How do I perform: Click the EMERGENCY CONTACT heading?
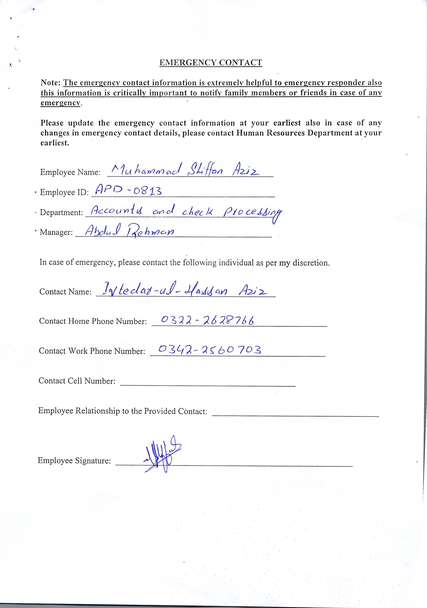211,63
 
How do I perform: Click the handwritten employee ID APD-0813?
128,190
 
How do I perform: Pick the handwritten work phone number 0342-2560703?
210,350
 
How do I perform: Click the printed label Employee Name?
70,172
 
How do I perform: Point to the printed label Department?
62,213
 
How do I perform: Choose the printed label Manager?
56,233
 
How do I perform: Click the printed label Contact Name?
65,292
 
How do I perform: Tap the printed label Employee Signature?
74,461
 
